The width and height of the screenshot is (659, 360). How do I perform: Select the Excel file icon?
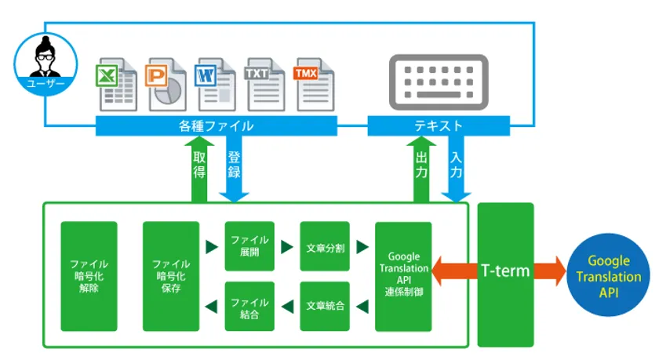116,84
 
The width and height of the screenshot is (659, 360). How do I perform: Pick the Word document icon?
216,84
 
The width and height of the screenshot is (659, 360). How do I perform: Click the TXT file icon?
265,84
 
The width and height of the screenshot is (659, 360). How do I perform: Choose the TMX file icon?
314,84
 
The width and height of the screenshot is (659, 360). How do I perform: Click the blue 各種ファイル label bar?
217,125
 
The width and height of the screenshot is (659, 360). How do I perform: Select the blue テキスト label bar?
439,125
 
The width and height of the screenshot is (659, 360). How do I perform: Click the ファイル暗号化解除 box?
89,276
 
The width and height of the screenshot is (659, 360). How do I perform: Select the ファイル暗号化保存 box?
171,276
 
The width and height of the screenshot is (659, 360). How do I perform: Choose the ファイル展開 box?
249,246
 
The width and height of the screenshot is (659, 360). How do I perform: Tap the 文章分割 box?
326,246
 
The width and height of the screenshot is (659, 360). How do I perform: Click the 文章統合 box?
326,306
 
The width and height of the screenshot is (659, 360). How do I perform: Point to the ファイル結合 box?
249,306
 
